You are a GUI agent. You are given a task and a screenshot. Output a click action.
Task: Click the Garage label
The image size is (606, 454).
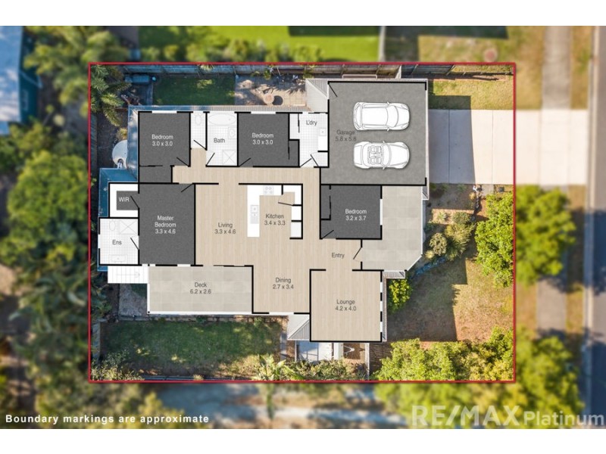pyautogui.click(x=345, y=132)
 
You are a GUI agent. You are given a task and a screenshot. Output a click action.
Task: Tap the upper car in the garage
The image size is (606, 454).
pyautogui.click(x=381, y=116)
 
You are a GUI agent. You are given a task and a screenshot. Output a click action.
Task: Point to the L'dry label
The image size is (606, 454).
pyautogui.click(x=311, y=122)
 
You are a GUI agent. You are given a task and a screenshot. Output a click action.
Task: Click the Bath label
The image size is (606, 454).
pyautogui.click(x=219, y=140)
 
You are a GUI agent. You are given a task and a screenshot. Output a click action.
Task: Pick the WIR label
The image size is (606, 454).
pyautogui.click(x=123, y=201)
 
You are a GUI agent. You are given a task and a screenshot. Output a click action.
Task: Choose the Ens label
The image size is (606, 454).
pyautogui.click(x=117, y=242)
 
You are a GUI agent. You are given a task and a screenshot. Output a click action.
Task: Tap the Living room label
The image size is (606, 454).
pyautogui.click(x=225, y=225)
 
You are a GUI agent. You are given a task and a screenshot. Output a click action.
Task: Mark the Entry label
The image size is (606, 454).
pyautogui.click(x=338, y=255)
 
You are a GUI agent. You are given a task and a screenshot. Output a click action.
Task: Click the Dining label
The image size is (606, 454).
pyautogui.click(x=283, y=280)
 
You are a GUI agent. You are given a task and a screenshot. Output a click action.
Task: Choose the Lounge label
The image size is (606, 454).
pyautogui.click(x=345, y=302)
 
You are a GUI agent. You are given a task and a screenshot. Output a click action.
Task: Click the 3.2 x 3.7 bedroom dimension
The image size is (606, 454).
pyautogui.click(x=356, y=218)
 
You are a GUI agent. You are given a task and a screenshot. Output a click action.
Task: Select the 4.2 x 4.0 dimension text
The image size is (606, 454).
pyautogui.click(x=345, y=309)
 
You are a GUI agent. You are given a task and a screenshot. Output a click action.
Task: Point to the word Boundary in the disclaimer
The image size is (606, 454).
pyautogui.click(x=31, y=418)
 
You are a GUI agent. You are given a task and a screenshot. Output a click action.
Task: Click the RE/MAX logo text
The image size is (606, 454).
pyautogui.click(x=466, y=415)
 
